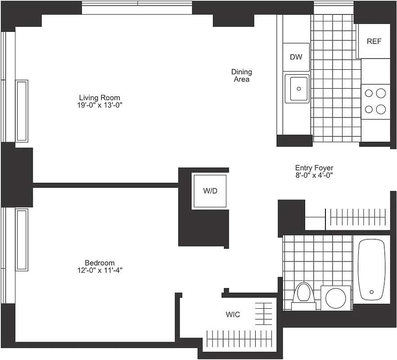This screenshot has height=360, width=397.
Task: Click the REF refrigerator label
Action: pyautogui.click(x=374, y=41)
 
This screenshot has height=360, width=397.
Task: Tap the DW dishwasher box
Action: pyautogui.click(x=296, y=57)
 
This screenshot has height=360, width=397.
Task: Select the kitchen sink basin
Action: pyautogui.click(x=297, y=89)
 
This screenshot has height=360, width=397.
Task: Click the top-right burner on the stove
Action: pyautogui.click(x=381, y=94)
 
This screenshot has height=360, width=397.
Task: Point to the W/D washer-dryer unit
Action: pyautogui.click(x=210, y=191)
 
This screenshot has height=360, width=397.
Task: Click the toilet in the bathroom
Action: pyautogui.click(x=302, y=295)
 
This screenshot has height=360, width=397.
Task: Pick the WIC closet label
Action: pyautogui.click(x=233, y=315)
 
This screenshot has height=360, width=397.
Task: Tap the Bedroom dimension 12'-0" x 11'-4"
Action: pyautogui.click(x=99, y=270)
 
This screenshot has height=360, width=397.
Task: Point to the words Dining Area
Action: pyautogui.click(x=241, y=76)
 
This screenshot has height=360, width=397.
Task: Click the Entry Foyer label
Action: pyautogui.click(x=314, y=168)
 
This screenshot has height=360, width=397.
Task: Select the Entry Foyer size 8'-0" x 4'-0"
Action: pyautogui.click(x=314, y=175)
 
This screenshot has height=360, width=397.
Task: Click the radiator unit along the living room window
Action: pyautogui.click(x=22, y=111)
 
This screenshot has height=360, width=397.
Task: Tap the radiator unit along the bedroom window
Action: pyautogui.click(x=22, y=239)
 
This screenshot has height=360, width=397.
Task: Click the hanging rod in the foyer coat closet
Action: pyautogui.click(x=358, y=217)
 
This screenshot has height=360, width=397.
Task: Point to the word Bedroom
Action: pyautogui.click(x=99, y=263)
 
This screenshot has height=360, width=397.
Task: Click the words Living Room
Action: pyautogui.click(x=99, y=98)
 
